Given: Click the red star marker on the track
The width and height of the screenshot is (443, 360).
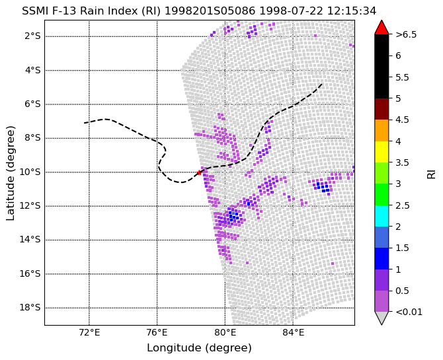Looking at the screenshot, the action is click(199, 172).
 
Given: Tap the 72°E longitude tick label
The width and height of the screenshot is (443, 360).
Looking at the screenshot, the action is click(89, 333).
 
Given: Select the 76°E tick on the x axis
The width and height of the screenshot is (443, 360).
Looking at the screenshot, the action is click(157, 333).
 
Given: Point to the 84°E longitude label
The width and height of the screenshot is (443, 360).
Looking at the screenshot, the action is click(293, 333).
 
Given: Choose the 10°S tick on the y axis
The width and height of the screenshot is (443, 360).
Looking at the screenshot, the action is click(30, 172).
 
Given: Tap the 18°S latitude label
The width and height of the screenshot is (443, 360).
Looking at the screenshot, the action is click(30, 307).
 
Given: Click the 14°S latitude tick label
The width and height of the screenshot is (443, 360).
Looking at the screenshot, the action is click(30, 240).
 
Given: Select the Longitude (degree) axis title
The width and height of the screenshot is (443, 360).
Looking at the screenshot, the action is click(199, 348).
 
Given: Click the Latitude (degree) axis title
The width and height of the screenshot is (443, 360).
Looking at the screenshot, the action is click(10, 173).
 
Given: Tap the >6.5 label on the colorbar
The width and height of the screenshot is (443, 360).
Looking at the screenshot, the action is click(406, 35).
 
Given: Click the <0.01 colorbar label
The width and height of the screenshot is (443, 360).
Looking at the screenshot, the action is click(409, 312).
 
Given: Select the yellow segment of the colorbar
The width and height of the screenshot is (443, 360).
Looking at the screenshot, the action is click(382, 152).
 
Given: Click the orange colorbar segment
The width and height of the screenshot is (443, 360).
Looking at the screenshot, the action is click(382, 130).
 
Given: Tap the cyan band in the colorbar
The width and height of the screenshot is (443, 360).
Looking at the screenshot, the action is click(382, 216).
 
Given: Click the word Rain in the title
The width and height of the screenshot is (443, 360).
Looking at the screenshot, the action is click(89, 11).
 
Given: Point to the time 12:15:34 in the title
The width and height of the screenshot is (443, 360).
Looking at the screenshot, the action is click(352, 11).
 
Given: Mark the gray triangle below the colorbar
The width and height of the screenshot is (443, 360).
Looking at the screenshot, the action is click(382, 317).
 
